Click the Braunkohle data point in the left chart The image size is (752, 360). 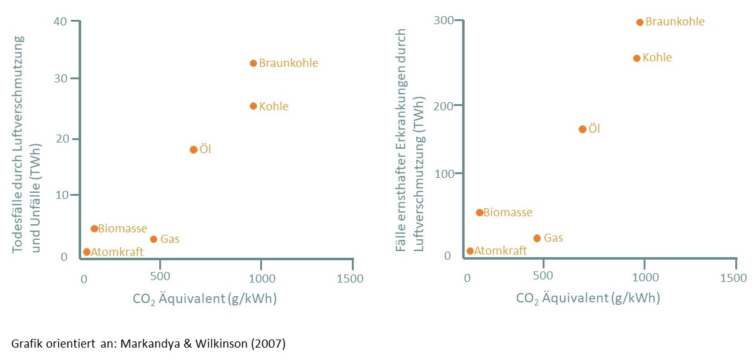tap(253, 63)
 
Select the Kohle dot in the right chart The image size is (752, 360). tap(636, 58)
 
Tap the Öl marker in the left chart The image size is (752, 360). tap(193, 149)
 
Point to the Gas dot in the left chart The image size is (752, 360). tap(154, 239)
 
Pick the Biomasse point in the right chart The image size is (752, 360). tap(479, 213)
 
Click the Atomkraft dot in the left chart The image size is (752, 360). tap(87, 252)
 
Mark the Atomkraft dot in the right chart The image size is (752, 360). tap(470, 251)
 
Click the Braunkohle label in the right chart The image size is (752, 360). tap(675, 22)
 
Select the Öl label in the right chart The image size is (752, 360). tap(594, 129)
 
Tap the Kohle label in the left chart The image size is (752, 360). tap(273, 106)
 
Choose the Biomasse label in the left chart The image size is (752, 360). tap(123, 229)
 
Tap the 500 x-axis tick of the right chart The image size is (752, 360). tap(543, 275)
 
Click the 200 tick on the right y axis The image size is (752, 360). tap(445, 105)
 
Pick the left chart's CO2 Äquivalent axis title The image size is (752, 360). tap(204, 299)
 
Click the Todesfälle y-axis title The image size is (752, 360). tap(27, 144)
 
